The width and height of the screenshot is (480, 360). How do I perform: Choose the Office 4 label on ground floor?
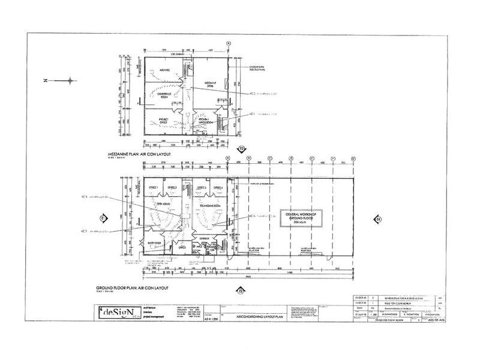click(x=218, y=188)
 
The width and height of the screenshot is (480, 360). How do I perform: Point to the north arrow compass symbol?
click(x=71, y=80)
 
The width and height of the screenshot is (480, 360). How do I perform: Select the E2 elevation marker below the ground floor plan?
click(x=239, y=291)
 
